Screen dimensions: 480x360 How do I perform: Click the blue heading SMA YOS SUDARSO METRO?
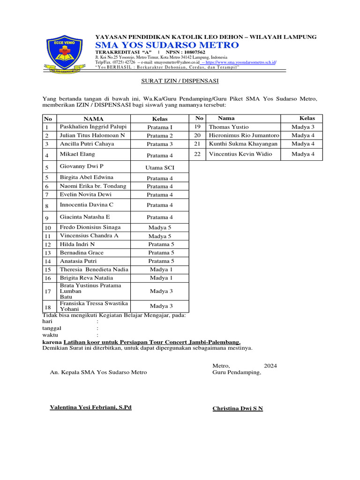click(167, 45)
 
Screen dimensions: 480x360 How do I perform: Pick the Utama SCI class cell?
click(159, 167)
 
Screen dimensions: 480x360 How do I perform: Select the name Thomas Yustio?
click(229, 127)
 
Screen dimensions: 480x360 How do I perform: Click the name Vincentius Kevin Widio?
click(240, 154)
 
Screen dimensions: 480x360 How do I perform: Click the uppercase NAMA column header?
click(94, 119)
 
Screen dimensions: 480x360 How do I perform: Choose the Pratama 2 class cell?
click(159, 135)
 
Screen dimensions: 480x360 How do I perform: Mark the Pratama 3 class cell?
click(159, 144)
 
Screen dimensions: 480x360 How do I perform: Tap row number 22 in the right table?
click(197, 154)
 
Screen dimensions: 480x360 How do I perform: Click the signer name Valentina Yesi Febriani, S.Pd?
click(90, 407)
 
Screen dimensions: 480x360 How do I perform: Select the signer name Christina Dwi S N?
click(238, 408)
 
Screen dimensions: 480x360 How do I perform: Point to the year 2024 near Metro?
click(270, 366)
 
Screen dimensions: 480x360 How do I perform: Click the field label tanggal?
click(52, 328)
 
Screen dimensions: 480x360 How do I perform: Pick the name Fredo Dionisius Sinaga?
click(90, 227)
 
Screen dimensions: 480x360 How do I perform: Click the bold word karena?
click(52, 342)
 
